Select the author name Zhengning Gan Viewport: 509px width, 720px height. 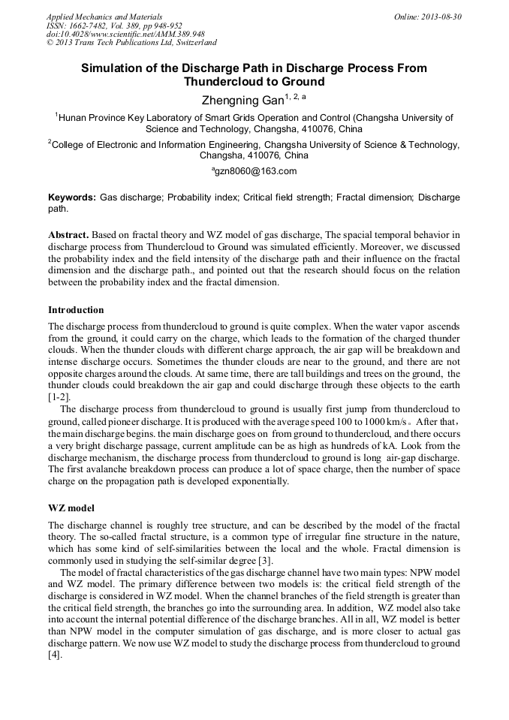242,100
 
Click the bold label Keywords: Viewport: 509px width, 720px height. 72,197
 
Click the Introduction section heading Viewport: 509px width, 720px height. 76,310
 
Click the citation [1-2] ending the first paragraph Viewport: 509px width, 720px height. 59,396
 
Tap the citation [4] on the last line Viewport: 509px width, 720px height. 55,655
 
